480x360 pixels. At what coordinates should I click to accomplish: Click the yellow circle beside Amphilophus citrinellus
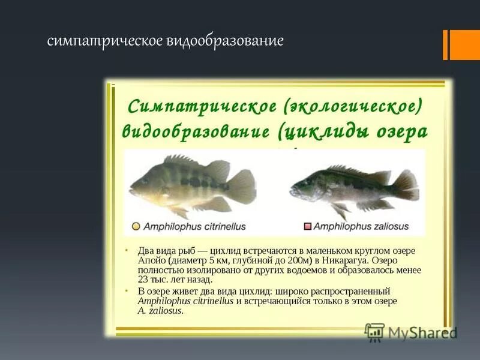click(x=136, y=227)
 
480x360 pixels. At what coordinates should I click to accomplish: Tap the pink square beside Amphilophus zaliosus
click(x=308, y=227)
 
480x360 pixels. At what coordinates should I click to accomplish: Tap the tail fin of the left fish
click(x=242, y=187)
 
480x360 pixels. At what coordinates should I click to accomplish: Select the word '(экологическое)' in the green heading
click(x=355, y=107)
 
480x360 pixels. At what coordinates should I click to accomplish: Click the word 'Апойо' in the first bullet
click(x=151, y=261)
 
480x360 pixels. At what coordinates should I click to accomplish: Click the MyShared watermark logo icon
click(x=374, y=332)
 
